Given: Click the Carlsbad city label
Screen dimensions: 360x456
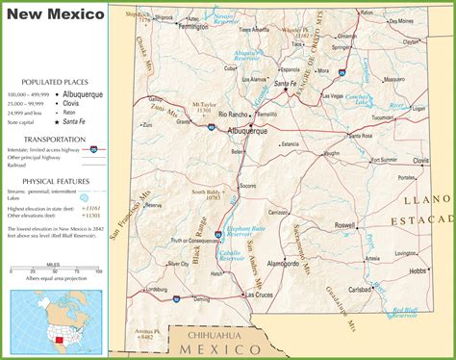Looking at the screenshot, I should tap(362, 288).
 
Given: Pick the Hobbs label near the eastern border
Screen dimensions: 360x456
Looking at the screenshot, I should tap(416, 272).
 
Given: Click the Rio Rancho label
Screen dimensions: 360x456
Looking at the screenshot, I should tap(235, 115).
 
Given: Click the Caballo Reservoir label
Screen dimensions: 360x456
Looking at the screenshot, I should tap(231, 255).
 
